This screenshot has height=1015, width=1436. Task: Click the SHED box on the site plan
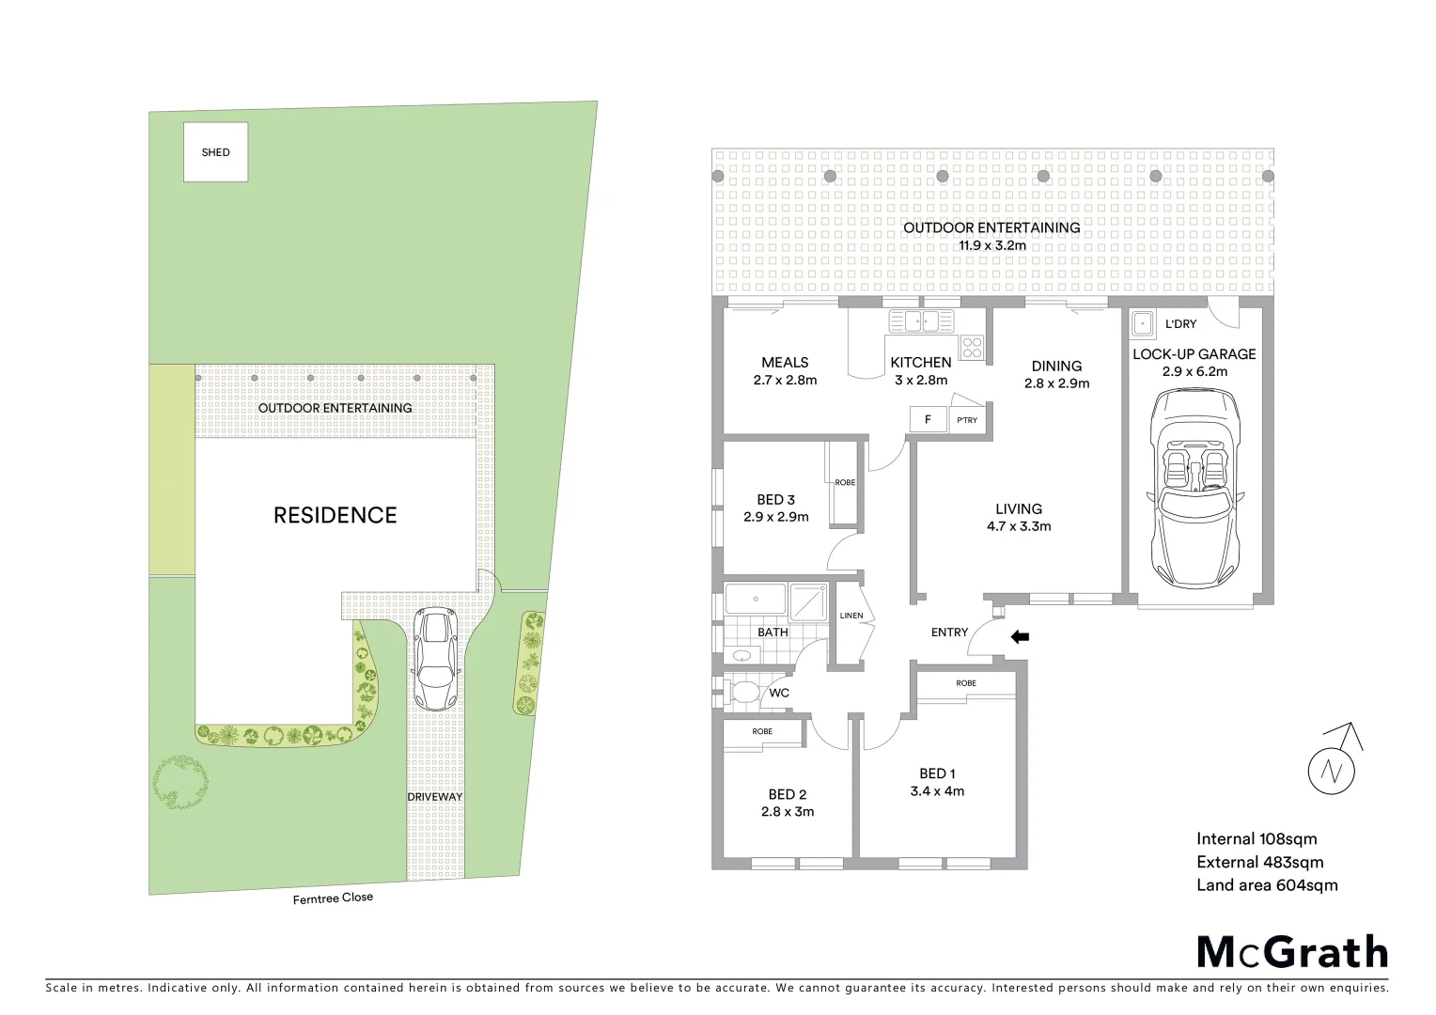click(215, 152)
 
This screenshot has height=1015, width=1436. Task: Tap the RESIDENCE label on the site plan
click(335, 515)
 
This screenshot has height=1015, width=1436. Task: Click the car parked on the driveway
click(435, 659)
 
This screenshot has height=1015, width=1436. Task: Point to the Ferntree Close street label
click(333, 898)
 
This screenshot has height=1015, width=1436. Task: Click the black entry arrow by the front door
click(1020, 637)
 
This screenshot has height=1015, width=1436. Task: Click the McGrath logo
click(1292, 951)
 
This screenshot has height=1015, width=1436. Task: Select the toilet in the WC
click(744, 694)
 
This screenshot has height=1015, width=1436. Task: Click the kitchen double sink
click(921, 321)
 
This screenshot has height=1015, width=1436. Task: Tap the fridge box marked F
click(928, 419)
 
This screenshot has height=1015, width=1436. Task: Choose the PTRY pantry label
click(967, 420)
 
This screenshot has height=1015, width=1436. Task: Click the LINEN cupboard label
click(851, 616)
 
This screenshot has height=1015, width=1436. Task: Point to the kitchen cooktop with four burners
click(972, 347)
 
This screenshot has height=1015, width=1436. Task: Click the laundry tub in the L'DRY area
click(1143, 324)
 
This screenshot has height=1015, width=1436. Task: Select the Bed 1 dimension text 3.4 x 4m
click(937, 791)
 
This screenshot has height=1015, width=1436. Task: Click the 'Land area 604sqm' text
click(1267, 884)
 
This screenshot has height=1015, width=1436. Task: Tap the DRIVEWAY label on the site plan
click(434, 797)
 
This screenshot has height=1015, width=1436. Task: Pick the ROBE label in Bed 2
click(762, 731)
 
